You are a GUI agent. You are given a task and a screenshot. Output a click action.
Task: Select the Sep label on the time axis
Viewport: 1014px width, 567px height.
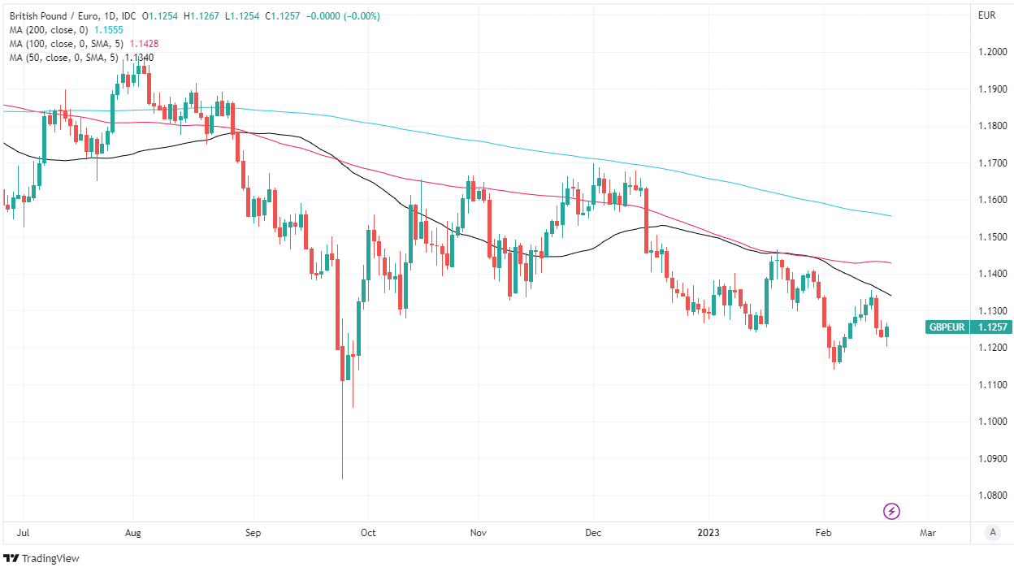tap(253, 534)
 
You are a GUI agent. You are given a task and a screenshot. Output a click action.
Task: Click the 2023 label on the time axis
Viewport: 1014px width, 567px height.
tap(709, 534)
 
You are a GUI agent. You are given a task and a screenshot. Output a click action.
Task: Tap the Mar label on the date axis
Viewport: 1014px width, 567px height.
tap(928, 534)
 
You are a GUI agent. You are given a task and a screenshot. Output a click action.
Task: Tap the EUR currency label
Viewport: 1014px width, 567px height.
tap(986, 15)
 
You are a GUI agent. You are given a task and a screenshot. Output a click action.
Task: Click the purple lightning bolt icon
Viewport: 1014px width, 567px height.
tap(891, 511)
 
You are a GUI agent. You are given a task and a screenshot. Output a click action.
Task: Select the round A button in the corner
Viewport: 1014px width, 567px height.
tap(992, 533)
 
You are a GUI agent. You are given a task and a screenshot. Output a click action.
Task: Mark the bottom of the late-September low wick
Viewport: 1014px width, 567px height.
tap(342, 478)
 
